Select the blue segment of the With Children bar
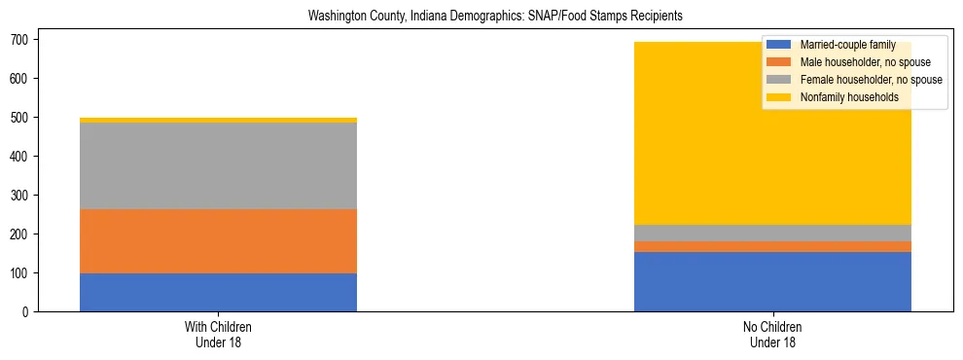(218, 293)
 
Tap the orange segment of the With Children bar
(218, 241)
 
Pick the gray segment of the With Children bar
(218, 165)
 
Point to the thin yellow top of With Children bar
(218, 120)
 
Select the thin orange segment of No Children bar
(772, 246)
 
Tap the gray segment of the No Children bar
(772, 233)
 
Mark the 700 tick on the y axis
(20, 40)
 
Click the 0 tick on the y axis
(26, 312)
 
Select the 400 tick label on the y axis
(20, 157)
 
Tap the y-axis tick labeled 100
(20, 273)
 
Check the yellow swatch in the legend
(779, 97)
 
